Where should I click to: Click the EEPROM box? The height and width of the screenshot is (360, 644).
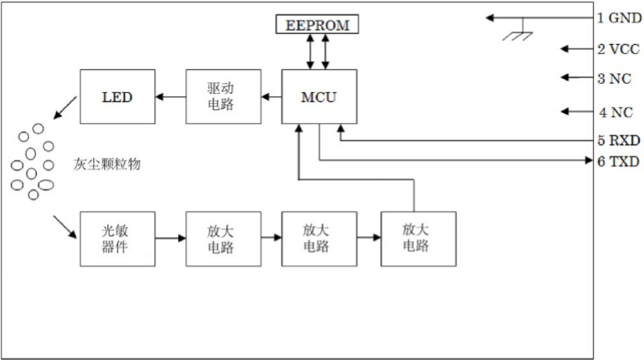[x=317, y=26]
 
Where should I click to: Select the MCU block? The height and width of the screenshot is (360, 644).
[x=318, y=96]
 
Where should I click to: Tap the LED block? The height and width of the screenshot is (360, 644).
[x=116, y=96]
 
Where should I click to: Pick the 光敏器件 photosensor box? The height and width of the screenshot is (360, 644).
[x=116, y=239]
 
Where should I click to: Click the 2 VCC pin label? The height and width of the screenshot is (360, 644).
[x=618, y=49]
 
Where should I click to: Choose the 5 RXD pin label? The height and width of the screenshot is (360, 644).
[x=618, y=140]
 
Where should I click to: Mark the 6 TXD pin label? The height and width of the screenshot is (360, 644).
[x=618, y=161]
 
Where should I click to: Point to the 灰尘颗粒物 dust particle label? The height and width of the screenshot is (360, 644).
[x=107, y=165]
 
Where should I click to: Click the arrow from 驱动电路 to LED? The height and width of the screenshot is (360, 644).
[x=171, y=96]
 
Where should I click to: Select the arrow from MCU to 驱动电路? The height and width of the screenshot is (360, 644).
[x=270, y=96]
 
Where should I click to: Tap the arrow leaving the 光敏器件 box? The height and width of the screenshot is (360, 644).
[x=170, y=239]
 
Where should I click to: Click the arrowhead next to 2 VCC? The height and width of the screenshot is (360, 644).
[x=567, y=49]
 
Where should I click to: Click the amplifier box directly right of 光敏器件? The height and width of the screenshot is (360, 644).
[x=222, y=239]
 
